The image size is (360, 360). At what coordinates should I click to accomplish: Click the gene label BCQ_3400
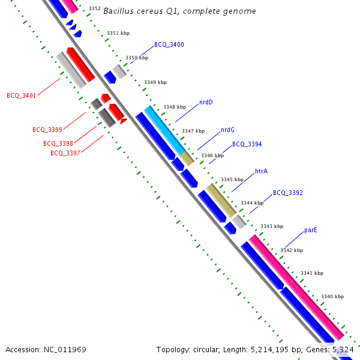coord(169,45)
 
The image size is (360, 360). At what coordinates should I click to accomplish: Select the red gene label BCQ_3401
coord(21,95)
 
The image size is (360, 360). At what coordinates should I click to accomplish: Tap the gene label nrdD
coord(206,103)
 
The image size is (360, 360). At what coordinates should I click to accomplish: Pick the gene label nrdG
coord(227,130)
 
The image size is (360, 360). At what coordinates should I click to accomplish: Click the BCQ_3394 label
coord(247,145)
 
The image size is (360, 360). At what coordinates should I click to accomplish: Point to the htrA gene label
coord(261,172)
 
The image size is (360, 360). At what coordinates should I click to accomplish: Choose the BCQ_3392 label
coord(287,193)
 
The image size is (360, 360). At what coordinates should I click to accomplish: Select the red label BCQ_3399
coord(47,130)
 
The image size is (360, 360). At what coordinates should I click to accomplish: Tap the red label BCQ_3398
coord(58,144)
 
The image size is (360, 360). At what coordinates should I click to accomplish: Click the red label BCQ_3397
coord(65,154)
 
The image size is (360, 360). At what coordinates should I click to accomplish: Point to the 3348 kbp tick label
coord(174,107)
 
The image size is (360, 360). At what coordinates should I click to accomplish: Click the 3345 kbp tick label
coord(232,179)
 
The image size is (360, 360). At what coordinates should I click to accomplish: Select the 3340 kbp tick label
coord(332,296)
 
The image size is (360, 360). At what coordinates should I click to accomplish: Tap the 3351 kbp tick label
coord(118,34)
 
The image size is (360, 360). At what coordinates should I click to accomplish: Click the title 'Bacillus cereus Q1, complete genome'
coord(179,11)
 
